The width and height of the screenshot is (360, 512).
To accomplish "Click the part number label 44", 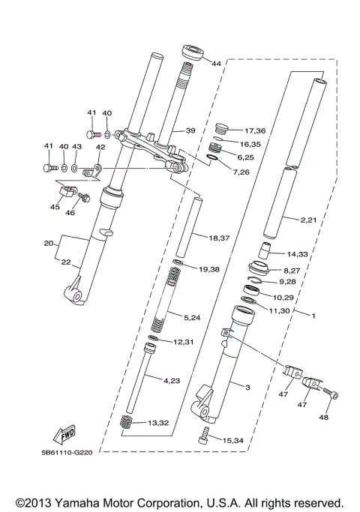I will point(216,64).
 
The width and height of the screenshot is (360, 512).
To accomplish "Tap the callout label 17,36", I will point(255,130).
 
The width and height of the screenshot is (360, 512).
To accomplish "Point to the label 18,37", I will point(219,238).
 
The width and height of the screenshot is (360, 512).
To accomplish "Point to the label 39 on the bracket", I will point(190,130).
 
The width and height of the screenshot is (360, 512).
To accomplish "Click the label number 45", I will point(55,207).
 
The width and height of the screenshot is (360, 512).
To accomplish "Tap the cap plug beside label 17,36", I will point(221,127).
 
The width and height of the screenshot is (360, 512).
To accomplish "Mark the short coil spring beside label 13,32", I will point(129,424).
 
